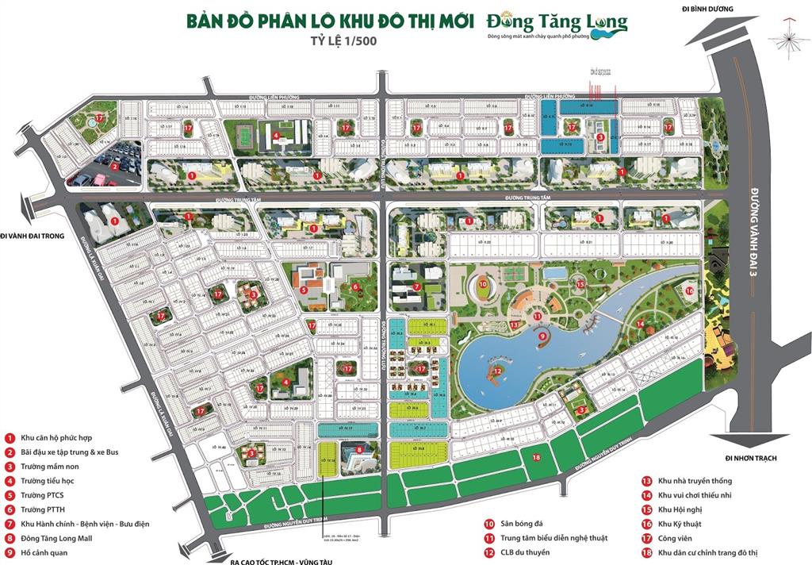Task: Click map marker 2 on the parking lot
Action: click(115, 167)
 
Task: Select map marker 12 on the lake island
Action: click(497, 370)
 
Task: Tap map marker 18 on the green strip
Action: click(537, 457)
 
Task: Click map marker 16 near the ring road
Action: click(690, 290)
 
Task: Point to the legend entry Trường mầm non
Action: click(52, 467)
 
